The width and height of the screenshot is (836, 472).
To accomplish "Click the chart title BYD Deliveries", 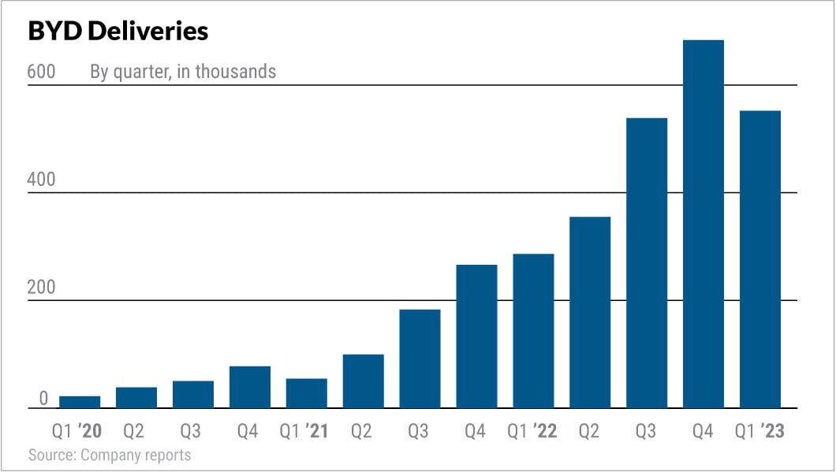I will pos(118,31).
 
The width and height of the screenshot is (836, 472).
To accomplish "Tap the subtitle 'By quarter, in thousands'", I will pos(183,72).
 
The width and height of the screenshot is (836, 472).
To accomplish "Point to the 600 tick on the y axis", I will pos(41,72).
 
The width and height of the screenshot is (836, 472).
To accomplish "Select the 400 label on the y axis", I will pos(41,180).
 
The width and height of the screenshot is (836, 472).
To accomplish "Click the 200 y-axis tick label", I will pos(41,288).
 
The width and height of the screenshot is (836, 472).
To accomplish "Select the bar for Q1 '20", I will pos(80,402).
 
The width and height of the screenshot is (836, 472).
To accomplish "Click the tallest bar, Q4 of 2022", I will pos(704,225).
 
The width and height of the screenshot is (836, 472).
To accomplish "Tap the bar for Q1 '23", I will pos(760,260).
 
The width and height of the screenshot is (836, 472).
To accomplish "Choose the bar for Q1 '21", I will pos(307,393).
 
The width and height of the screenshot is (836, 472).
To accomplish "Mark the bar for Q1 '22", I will pos(533,331).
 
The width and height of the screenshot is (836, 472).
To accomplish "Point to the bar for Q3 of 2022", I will pos(647,263).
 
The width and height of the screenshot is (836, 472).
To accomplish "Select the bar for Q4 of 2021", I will pos(476,336).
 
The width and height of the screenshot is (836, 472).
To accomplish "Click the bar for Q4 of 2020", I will pos(250,387).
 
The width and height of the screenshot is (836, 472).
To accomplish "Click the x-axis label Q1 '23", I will pos(759,431).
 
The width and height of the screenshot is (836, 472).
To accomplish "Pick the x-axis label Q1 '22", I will pos(532,431).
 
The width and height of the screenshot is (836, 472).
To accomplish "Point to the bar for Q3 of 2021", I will pos(420,359).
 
